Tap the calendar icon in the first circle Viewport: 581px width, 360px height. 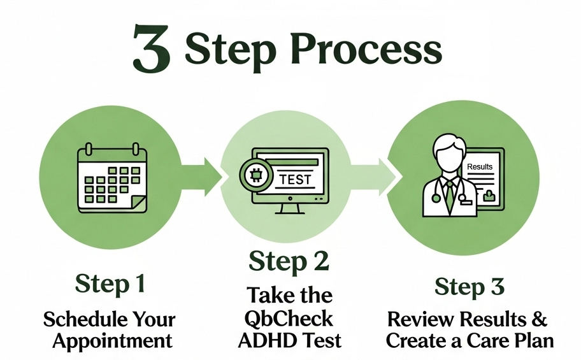coord(112,179)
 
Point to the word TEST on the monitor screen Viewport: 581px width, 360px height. coord(295,179)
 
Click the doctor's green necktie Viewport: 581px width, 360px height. coord(450,191)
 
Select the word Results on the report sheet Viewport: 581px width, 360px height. coord(480,167)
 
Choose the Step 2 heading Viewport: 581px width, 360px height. coord(290,261)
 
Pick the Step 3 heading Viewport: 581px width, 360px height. coord(470,286)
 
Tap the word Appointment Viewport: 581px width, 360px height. coord(112,340)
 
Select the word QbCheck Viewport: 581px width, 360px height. coord(290,318)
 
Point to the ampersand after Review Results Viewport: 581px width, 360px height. coord(539,318)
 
